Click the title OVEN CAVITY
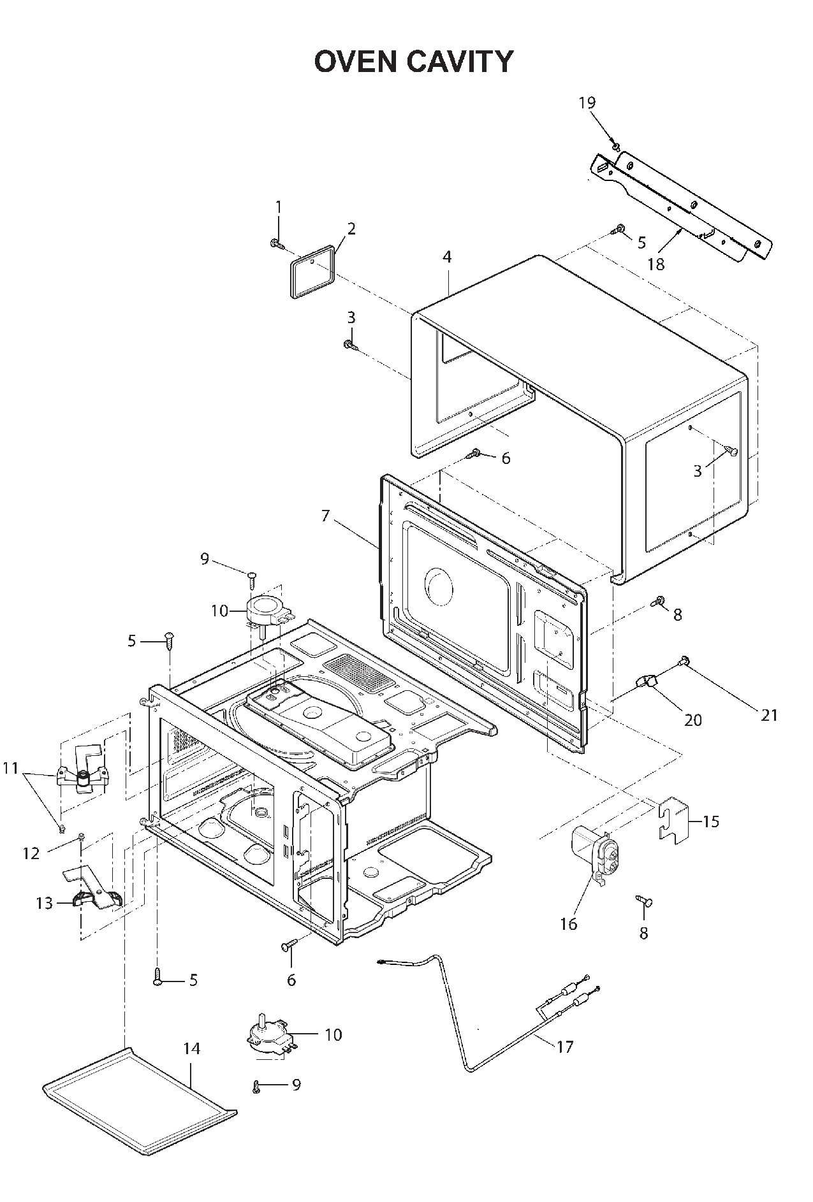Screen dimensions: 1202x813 (x=413, y=62)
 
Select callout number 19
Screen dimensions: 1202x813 (x=587, y=102)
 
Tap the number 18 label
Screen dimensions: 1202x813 (x=656, y=264)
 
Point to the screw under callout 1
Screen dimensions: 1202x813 (x=275, y=243)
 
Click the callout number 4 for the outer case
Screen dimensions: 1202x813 (x=447, y=257)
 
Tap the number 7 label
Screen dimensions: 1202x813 (x=326, y=516)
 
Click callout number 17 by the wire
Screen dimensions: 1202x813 (x=565, y=1046)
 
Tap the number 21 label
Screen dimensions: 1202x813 (x=770, y=715)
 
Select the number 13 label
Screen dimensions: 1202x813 (x=44, y=903)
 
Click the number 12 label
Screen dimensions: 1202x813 (x=31, y=853)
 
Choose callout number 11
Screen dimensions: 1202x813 (x=11, y=768)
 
